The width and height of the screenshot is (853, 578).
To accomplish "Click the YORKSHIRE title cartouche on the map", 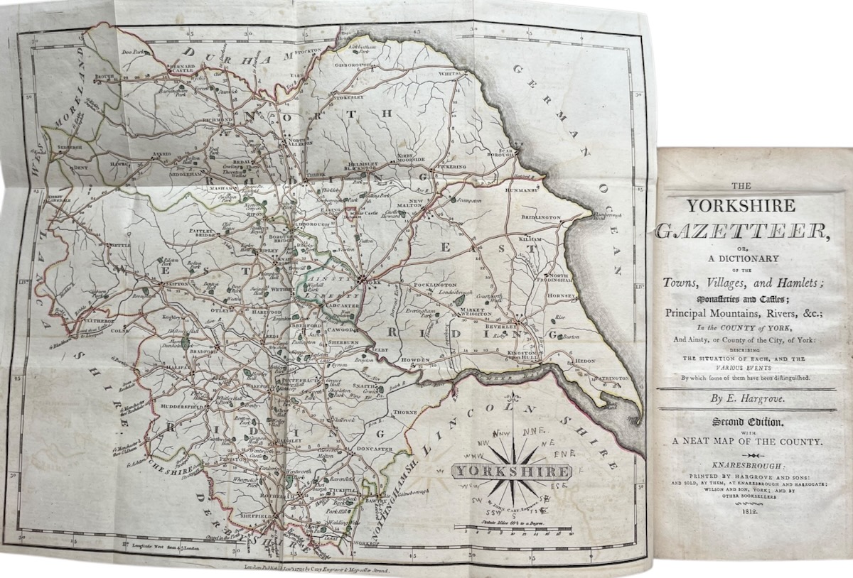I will coord(512,471).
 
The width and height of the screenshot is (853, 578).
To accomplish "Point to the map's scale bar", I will coord(513,528).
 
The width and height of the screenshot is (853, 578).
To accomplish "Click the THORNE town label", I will coord(405,412).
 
